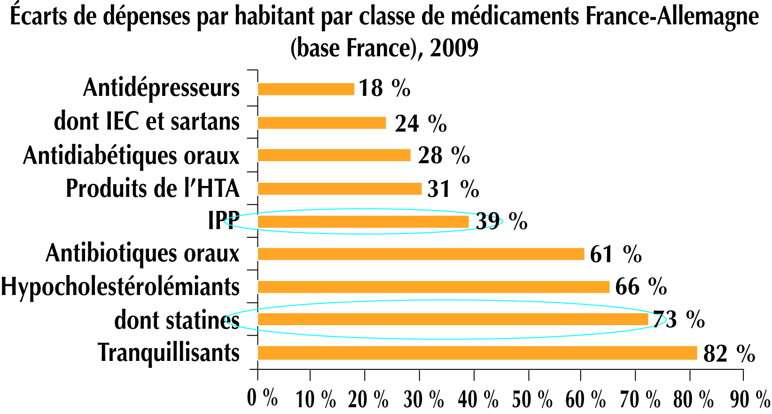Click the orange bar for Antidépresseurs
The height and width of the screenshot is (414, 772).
click(306, 89)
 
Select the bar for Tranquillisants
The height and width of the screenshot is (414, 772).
click(477, 352)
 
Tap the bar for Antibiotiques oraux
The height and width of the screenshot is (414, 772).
click(421, 254)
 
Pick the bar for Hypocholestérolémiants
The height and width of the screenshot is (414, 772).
click(433, 287)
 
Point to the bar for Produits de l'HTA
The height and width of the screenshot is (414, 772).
click(339, 188)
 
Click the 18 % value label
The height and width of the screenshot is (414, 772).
click(384, 88)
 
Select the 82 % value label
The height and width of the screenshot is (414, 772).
click(729, 354)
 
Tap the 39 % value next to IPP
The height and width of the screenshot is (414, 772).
click(501, 221)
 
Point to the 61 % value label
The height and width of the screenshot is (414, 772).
click(616, 254)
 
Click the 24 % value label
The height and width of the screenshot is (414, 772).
click(421, 124)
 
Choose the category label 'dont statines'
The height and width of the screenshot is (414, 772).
click(177, 320)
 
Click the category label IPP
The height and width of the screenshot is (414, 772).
click(224, 220)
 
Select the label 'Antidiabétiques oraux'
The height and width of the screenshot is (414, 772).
click(131, 156)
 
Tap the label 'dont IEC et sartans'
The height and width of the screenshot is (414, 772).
click(147, 121)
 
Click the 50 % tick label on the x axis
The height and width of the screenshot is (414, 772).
click(532, 399)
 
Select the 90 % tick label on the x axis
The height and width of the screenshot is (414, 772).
click(749, 399)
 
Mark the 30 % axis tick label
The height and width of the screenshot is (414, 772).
click(423, 399)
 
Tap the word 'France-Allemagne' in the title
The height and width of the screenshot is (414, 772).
click(672, 17)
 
